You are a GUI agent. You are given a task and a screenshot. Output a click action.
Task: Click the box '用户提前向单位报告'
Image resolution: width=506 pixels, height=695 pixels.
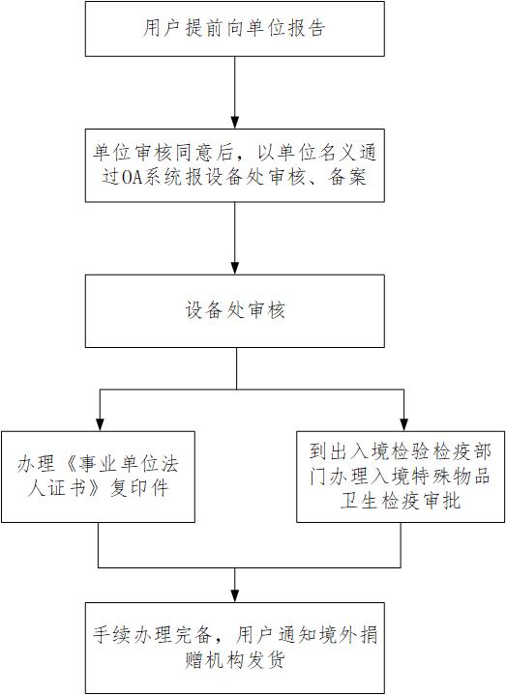coord(234,29)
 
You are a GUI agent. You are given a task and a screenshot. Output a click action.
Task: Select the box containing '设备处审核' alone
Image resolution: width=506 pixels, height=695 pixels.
coord(234,310)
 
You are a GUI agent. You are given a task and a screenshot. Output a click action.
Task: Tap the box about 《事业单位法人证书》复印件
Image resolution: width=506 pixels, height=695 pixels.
coord(98,477)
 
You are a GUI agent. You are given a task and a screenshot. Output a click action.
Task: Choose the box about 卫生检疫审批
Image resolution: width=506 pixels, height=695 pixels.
coord(401,477)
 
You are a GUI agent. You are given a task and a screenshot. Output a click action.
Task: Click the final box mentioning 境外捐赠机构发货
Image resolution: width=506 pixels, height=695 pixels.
coord(234,648)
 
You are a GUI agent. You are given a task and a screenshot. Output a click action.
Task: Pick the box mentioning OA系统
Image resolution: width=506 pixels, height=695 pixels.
coord(234,165)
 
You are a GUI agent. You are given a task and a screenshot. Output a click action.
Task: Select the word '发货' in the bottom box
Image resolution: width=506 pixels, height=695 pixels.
coord(265,660)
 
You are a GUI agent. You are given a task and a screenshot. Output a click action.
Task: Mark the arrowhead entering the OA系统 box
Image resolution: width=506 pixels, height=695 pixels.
coord(234,123)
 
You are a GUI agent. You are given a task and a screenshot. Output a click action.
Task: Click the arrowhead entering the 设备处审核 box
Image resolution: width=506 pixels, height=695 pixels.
coord(234,268)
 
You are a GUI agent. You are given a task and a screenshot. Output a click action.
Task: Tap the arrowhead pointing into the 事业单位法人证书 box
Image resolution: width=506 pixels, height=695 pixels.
coord(101,424)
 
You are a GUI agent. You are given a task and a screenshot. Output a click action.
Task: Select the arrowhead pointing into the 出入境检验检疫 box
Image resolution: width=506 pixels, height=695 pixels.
coord(403,424)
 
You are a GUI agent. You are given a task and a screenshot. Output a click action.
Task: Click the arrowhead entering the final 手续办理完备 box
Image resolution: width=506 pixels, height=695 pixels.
coord(234,595)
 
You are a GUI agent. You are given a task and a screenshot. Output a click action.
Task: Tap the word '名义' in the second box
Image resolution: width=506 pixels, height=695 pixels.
coord(339,153)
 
